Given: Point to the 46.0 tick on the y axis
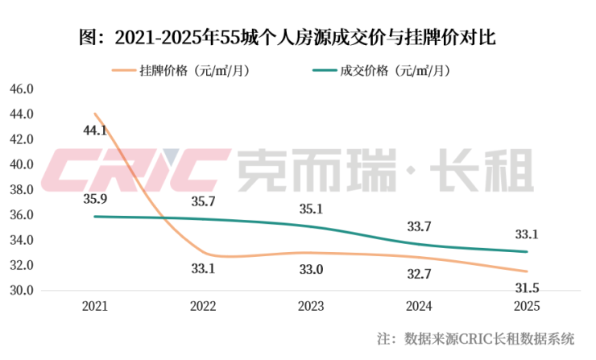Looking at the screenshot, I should tap(20, 89).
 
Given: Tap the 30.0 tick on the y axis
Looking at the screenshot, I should tap(20, 290).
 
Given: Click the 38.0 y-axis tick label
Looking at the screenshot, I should tap(20, 189).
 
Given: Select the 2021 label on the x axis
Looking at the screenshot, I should tap(95, 307).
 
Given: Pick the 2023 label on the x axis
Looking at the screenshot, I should tap(311, 307).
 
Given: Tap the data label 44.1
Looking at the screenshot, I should tap(95, 130).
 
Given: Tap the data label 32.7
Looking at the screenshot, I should tap(419, 274).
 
